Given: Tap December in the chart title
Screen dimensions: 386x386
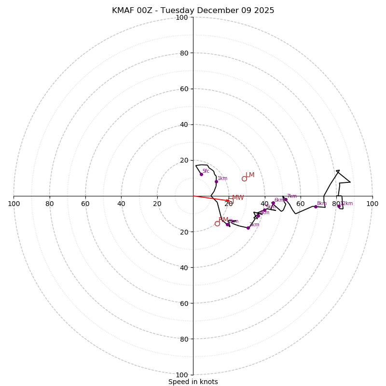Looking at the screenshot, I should click(x=217, y=11).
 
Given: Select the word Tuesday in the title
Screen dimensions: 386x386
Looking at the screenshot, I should click(x=178, y=11).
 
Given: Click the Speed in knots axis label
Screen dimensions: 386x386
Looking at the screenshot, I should click(x=193, y=382).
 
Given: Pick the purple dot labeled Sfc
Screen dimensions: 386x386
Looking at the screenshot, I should click(x=201, y=174).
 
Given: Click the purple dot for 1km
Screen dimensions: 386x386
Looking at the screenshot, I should click(x=216, y=181).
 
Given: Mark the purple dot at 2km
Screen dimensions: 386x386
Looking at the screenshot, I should click(x=227, y=224).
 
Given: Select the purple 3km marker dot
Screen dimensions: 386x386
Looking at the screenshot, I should click(x=248, y=228).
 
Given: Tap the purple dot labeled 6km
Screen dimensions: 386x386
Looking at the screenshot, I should click(x=273, y=203).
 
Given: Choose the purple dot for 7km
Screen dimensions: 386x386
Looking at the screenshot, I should click(x=286, y=199).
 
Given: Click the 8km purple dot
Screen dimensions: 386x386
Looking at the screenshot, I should click(x=316, y=207).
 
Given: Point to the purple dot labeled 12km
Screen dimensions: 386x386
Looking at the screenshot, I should click(x=339, y=206).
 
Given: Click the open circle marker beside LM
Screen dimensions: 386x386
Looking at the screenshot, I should click(x=244, y=179).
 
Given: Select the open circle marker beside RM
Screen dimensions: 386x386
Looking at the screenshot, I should click(x=217, y=223).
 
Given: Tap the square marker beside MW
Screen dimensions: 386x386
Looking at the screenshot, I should click(x=231, y=198).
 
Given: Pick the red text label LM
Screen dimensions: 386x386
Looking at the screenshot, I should click(x=250, y=175).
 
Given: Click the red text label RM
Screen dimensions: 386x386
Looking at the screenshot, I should click(x=223, y=220).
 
